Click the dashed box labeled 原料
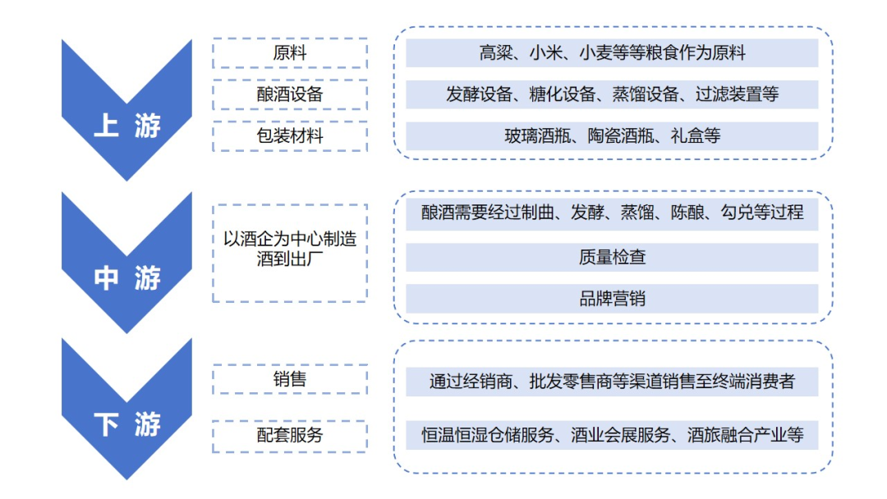click(x=289, y=53)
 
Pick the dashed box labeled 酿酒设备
click(x=289, y=94)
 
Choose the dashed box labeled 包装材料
click(x=289, y=135)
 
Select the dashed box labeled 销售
click(x=289, y=379)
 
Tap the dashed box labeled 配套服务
click(x=289, y=434)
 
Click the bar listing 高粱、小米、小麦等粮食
click(x=612, y=53)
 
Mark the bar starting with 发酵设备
click(x=612, y=94)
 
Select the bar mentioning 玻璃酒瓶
click(x=612, y=135)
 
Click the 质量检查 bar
click(x=612, y=257)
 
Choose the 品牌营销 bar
click(x=612, y=299)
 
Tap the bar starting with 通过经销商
click(x=612, y=382)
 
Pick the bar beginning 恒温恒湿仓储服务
click(x=612, y=434)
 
